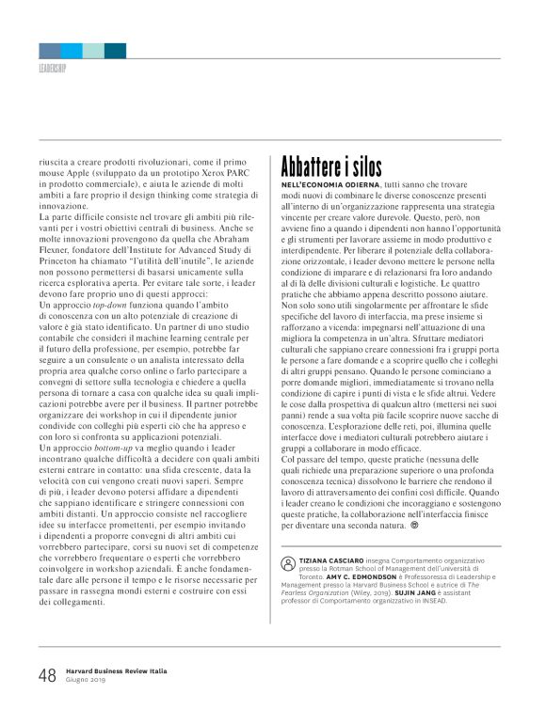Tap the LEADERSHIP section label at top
coord(52,69)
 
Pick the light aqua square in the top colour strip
coord(93,50)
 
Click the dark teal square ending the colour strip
coord(115,50)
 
